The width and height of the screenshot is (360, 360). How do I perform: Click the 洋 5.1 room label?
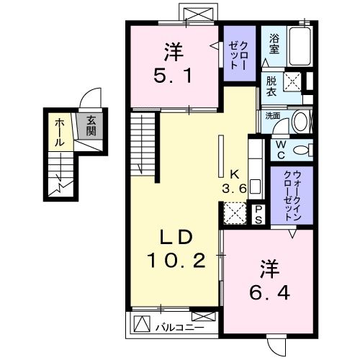172,63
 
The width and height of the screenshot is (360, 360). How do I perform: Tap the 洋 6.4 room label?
267,282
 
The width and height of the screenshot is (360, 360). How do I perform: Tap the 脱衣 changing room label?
271,86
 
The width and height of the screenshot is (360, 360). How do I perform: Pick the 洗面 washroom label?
271,116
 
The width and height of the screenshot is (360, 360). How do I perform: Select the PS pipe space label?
257,215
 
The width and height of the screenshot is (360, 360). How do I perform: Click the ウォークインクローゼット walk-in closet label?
292,195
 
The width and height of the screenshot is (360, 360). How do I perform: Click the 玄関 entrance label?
93,127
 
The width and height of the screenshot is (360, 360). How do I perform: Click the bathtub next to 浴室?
299,45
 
